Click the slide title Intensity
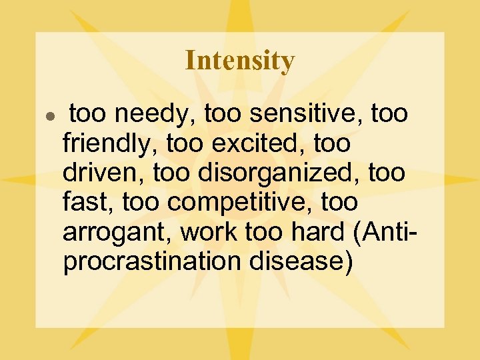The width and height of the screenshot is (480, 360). (239, 61)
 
